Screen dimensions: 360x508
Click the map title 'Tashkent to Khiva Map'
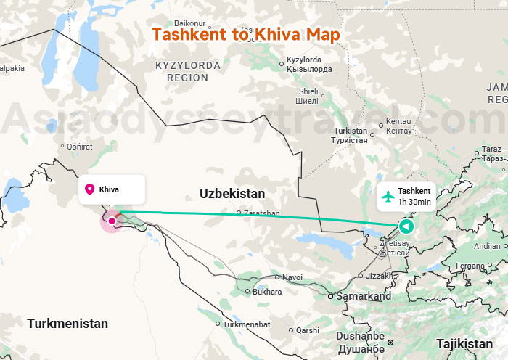point(245,34)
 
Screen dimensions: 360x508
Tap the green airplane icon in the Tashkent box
point(388,196)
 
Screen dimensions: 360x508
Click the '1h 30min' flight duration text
point(414,202)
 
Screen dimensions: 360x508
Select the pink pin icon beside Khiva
point(90,189)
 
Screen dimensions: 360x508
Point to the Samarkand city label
point(364,296)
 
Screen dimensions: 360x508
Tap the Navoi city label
point(292,277)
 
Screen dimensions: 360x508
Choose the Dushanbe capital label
point(361,336)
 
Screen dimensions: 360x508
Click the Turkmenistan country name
point(67,324)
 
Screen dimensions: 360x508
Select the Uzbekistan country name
point(232,194)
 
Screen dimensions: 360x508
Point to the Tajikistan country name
point(464,343)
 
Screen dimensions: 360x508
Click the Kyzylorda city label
point(309,60)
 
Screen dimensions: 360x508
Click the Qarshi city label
point(307,330)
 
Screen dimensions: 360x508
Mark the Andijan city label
point(486,246)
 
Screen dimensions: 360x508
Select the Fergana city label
point(471,266)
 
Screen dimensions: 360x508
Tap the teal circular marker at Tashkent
point(406,227)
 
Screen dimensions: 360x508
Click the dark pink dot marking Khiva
point(111,221)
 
